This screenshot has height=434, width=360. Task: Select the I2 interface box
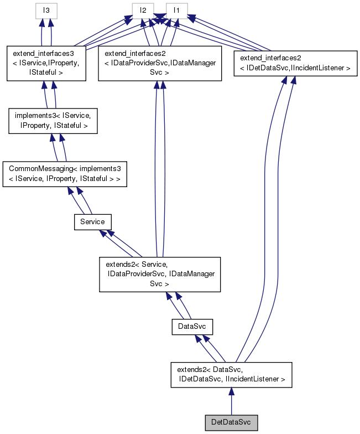(143, 10)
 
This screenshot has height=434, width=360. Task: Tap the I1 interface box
(176, 10)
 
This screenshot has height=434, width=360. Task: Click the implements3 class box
(53, 121)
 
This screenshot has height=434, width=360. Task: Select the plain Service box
(92, 221)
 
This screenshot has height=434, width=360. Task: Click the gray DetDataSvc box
(231, 422)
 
